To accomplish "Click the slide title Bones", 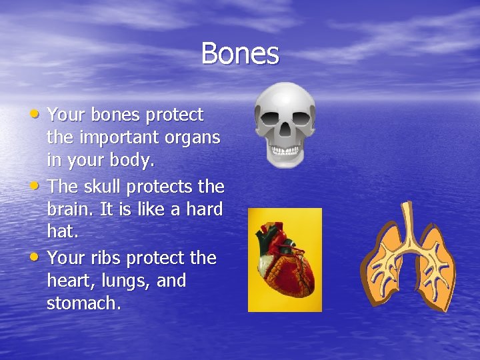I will [x=240, y=53].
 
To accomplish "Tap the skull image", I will [x=285, y=124].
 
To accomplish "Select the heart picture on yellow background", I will [x=285, y=260].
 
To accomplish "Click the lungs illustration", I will [x=408, y=257].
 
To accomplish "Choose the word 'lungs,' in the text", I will [x=127, y=281].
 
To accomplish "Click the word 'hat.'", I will [x=61, y=233].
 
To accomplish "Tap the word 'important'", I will [x=111, y=139].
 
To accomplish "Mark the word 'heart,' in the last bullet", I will [x=69, y=281].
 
